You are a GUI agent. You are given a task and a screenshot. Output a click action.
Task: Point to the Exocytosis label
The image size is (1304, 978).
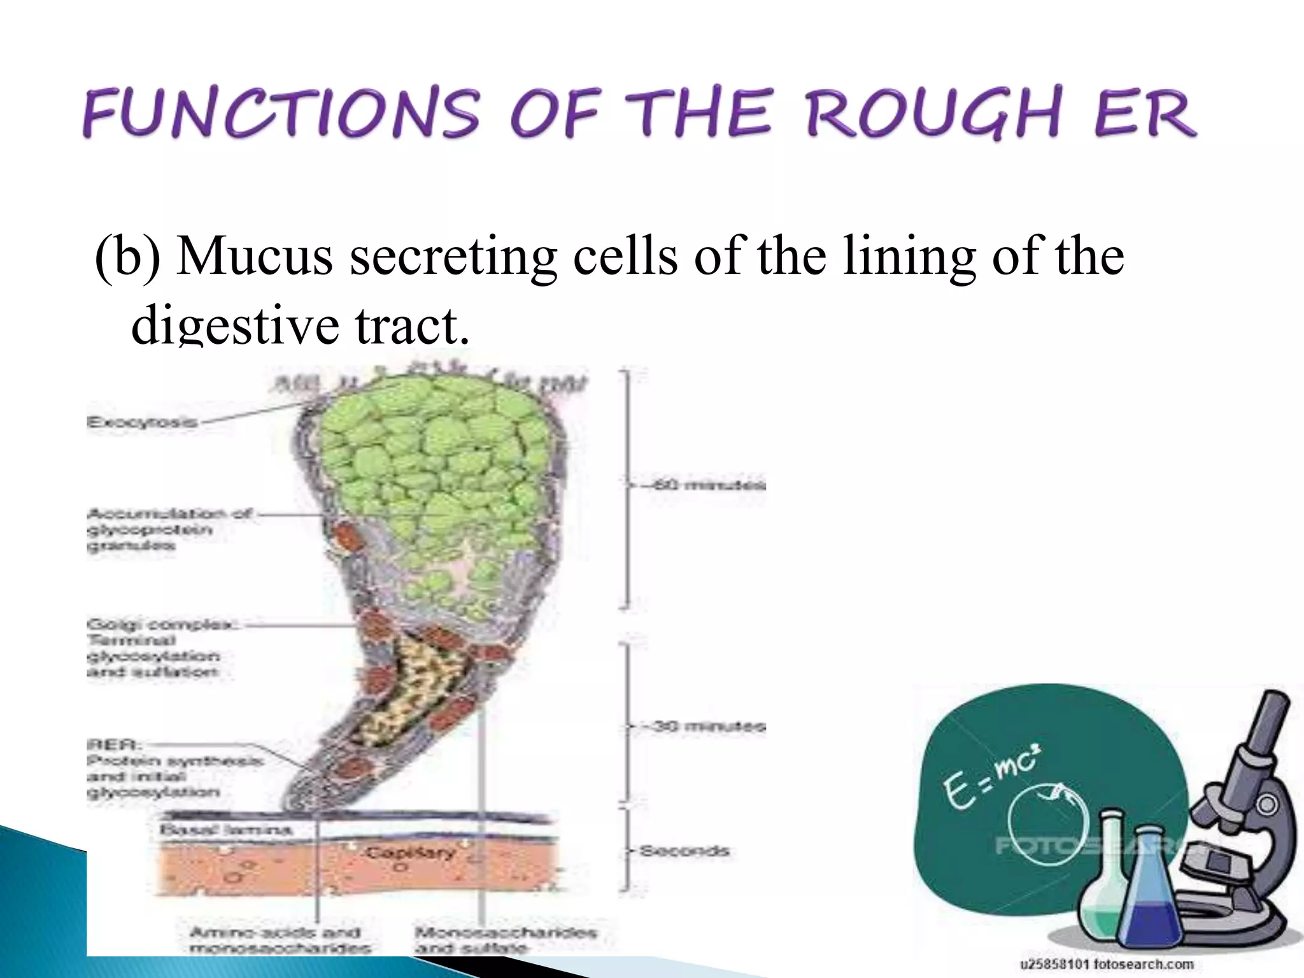click(142, 422)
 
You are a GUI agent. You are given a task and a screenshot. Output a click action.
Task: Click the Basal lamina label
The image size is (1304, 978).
click(225, 830)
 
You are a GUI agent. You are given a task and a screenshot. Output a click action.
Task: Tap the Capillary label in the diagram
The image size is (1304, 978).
click(411, 852)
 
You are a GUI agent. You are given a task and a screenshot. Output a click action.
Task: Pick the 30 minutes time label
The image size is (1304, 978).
click(707, 726)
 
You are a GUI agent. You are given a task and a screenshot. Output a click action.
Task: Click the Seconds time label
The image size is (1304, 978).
click(684, 851)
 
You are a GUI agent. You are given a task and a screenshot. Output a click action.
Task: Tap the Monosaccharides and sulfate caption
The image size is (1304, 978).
click(506, 940)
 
